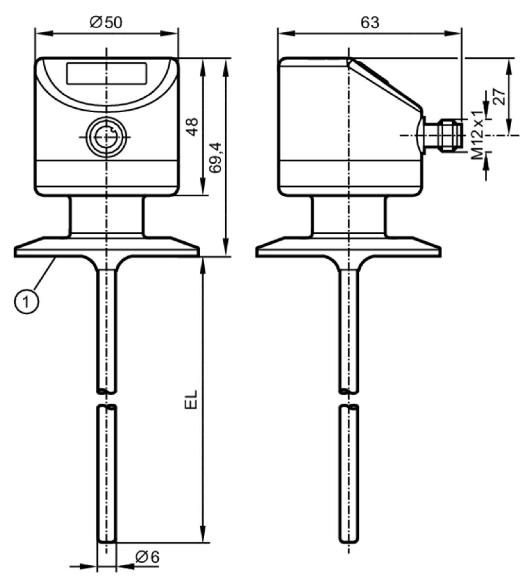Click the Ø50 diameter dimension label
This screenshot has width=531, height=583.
106,22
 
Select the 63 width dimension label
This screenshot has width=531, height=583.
370,22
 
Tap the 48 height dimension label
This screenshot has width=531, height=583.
192,127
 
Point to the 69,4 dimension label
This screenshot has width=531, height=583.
216,158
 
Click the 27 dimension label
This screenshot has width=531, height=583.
499,96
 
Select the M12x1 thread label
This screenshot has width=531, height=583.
477,135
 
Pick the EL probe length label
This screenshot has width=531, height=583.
191,399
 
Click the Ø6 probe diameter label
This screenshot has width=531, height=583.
147,557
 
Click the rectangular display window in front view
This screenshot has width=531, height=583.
107,73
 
